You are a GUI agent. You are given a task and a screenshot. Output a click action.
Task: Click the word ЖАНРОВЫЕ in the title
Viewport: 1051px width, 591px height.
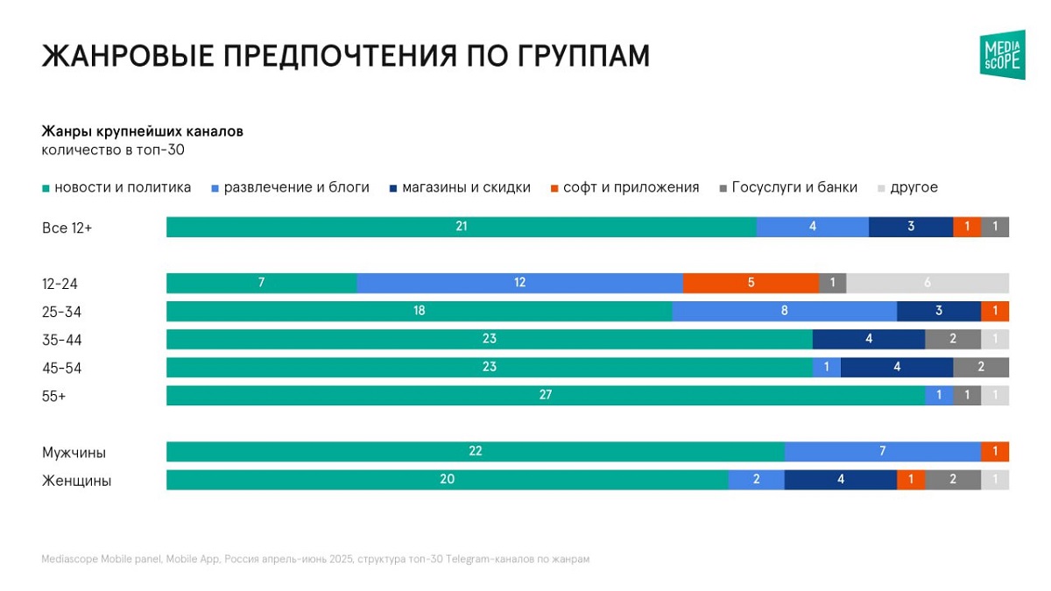(125, 55)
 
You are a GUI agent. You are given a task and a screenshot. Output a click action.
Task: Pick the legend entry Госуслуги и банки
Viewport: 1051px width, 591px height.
(794, 187)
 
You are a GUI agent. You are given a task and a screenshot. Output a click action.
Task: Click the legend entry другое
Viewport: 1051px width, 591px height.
(913, 187)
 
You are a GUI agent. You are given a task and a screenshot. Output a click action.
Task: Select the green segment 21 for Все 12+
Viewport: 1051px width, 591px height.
(462, 227)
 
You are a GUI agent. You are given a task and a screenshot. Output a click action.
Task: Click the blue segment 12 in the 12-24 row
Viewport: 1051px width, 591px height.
(519, 283)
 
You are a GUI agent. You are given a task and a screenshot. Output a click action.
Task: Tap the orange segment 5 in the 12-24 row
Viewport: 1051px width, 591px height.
(751, 283)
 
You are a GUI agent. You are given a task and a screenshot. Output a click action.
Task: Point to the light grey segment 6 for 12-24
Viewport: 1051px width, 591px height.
(927, 283)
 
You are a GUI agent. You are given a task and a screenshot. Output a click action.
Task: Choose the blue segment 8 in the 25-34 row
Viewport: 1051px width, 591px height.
(784, 311)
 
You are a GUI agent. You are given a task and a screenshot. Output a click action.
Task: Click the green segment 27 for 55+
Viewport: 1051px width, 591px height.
(546, 396)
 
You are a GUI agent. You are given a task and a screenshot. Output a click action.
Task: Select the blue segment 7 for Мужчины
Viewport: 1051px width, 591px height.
(882, 452)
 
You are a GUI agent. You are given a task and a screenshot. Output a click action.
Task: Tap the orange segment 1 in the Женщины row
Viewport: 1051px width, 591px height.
(911, 480)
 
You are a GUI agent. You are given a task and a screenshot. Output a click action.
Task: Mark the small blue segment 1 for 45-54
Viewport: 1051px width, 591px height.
(826, 368)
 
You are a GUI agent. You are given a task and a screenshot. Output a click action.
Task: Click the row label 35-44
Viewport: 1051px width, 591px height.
(61, 340)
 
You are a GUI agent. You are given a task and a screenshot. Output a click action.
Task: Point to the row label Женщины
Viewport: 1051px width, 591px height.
(76, 481)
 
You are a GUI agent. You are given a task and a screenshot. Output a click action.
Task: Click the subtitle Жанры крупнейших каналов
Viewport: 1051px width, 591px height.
(142, 131)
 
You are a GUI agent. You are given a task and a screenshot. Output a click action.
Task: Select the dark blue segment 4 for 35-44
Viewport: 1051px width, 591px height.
(868, 340)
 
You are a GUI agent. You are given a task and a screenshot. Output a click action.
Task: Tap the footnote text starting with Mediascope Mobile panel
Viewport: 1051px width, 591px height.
(315, 559)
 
